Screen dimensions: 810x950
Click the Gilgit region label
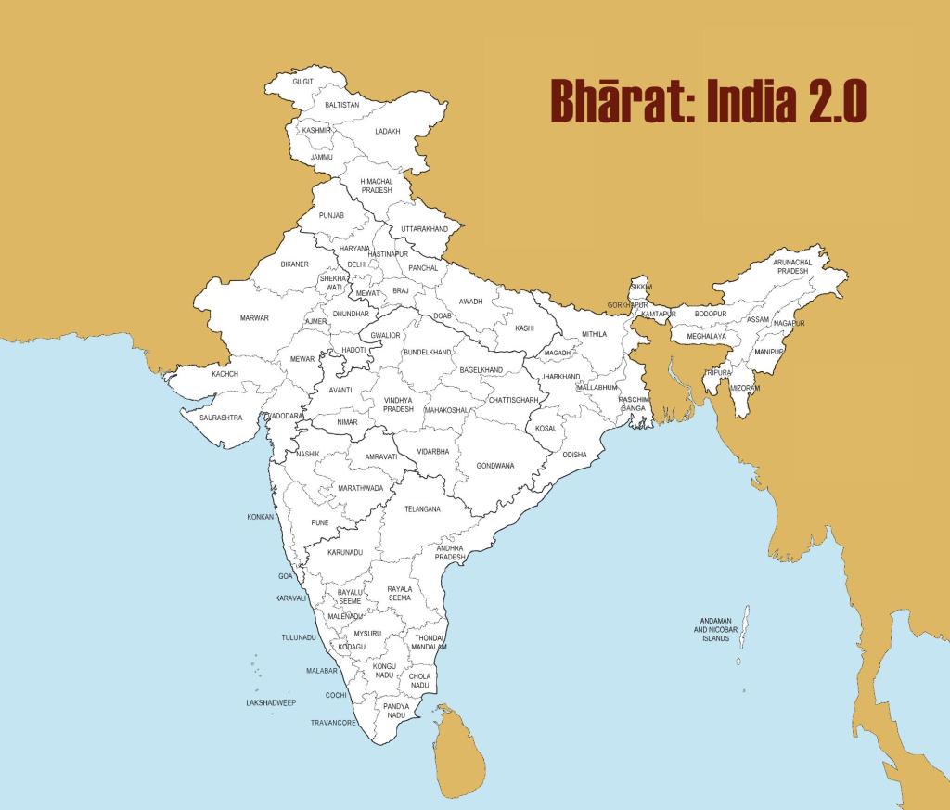tap(302, 82)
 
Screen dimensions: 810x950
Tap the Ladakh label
tap(387, 132)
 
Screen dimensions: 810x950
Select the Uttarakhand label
tap(425, 228)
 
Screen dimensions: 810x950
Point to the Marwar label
tap(254, 318)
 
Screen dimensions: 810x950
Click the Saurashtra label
tap(221, 418)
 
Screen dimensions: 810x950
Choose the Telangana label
tap(422, 509)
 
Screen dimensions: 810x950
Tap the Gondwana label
tap(494, 465)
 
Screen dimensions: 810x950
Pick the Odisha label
tap(574, 455)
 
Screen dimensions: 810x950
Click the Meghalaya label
tap(707, 336)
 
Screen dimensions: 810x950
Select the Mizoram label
tap(745, 387)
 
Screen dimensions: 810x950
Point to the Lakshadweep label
tap(271, 703)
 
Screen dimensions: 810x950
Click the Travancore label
tap(333, 722)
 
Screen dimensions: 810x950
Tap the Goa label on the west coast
tap(286, 576)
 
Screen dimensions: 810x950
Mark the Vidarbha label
tap(433, 452)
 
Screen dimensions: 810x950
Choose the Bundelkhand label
tap(428, 353)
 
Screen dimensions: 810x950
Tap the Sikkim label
tap(641, 287)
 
